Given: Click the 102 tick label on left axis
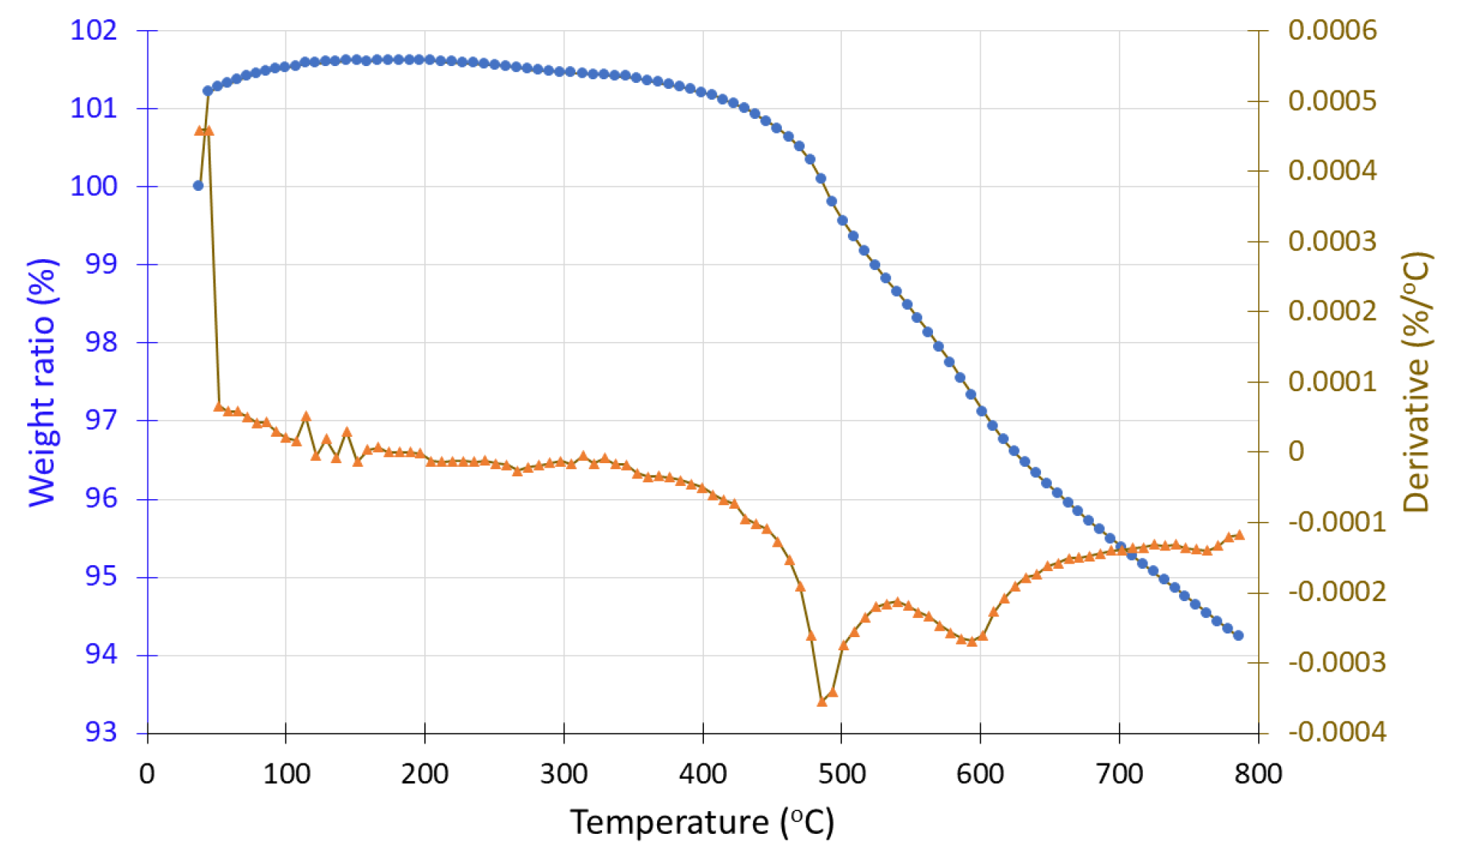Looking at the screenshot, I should pos(93,31).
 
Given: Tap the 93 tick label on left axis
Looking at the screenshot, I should pos(101,732).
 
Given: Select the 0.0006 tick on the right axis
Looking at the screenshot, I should pos(1332,31).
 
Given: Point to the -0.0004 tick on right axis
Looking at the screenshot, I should pos(1337,732).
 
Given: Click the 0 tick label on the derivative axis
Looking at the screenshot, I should pos(1296,451).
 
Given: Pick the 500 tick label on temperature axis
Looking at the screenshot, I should pos(841,774).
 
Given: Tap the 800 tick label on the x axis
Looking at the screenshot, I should pos(1258,774).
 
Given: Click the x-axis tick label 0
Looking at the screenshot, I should pos(148,774).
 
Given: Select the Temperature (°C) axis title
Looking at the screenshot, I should pos(702,822).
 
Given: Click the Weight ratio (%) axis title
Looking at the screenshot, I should pos(42,382).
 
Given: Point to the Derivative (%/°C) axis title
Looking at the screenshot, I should pos(1417,382).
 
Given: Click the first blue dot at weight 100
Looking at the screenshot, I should pos(198,186).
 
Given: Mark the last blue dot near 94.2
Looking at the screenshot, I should pos(1238,636).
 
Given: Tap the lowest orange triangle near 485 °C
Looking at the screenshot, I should pos(822,702).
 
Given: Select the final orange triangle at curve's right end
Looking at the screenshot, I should pos(1239,535).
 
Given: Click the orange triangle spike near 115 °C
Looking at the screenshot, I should pos(306,417).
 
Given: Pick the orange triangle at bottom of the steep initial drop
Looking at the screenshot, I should pos(219,407).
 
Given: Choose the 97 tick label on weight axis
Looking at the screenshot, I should pos(101,421).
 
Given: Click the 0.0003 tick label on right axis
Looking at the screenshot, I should pos(1332,241).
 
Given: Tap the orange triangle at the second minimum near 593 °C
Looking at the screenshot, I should pos(972,642).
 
